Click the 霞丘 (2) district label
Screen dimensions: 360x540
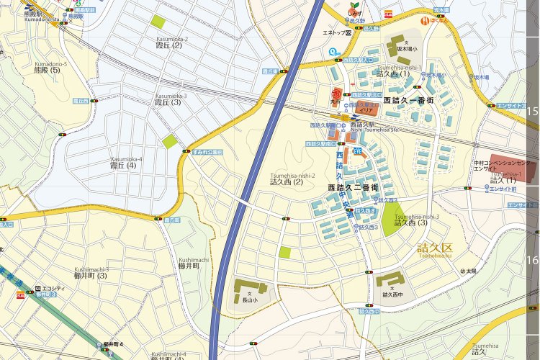coord(167,45)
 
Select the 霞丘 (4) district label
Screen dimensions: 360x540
coord(127,166)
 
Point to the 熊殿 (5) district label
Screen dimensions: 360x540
coord(50,70)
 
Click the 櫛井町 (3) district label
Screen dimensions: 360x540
coord(91,276)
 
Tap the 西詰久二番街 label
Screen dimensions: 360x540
coord(353,187)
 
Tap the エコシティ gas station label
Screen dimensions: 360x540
coord(53,289)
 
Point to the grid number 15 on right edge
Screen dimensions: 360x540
coord(533,112)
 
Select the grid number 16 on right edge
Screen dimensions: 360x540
coord(533,260)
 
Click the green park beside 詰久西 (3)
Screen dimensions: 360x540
coord(391,219)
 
